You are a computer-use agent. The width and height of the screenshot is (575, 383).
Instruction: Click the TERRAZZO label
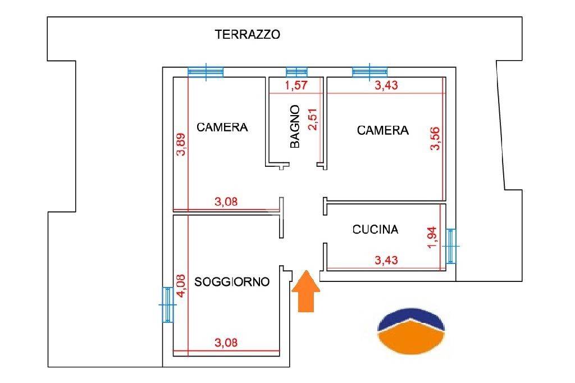coord(248,34)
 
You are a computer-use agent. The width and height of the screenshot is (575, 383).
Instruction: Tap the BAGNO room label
coord(295,126)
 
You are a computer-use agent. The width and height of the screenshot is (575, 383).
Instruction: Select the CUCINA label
coord(375,229)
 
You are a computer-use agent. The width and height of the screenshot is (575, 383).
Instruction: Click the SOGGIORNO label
coord(232,282)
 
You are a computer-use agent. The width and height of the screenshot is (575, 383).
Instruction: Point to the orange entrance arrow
coord(306,291)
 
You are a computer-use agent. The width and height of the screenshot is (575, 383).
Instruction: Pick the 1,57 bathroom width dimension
coord(296,85)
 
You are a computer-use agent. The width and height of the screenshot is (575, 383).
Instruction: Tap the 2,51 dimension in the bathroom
coord(313,119)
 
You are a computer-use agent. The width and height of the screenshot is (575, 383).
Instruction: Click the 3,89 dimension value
coord(181,144)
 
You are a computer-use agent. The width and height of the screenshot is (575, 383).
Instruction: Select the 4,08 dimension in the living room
coord(181,286)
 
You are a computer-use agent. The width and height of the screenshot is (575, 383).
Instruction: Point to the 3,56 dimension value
coord(435,138)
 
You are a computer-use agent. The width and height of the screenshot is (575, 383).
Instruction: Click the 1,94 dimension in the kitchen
coord(433,238)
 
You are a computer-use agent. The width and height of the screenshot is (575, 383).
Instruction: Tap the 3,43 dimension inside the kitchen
coord(386,260)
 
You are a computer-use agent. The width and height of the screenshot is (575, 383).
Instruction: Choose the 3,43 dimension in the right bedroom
coord(386,85)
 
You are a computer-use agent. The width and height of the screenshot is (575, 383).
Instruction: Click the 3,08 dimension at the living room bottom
coord(226,343)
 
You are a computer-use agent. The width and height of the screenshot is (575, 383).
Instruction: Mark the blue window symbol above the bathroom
coord(296,72)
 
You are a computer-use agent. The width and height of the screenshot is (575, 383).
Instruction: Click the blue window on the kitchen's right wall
coord(451,246)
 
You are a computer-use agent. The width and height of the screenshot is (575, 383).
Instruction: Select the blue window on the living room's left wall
coord(167,304)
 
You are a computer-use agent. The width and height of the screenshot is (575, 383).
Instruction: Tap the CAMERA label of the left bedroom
coord(222,127)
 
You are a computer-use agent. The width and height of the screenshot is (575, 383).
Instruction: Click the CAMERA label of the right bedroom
coord(383,130)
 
